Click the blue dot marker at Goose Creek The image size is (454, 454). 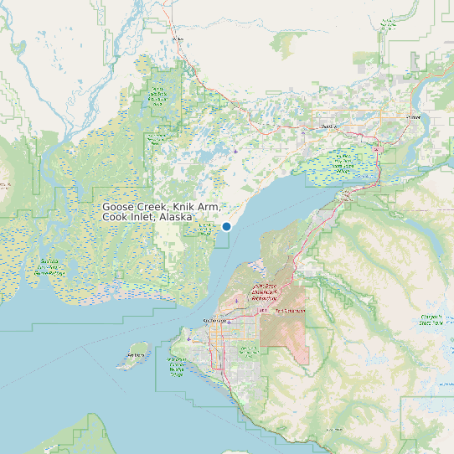click(226, 226)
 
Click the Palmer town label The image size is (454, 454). click(413, 118)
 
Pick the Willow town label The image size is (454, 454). click(177, 39)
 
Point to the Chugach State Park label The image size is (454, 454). click(431, 318)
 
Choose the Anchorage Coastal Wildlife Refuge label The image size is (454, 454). click(177, 366)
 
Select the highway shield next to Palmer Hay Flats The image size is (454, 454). click(378, 150)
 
